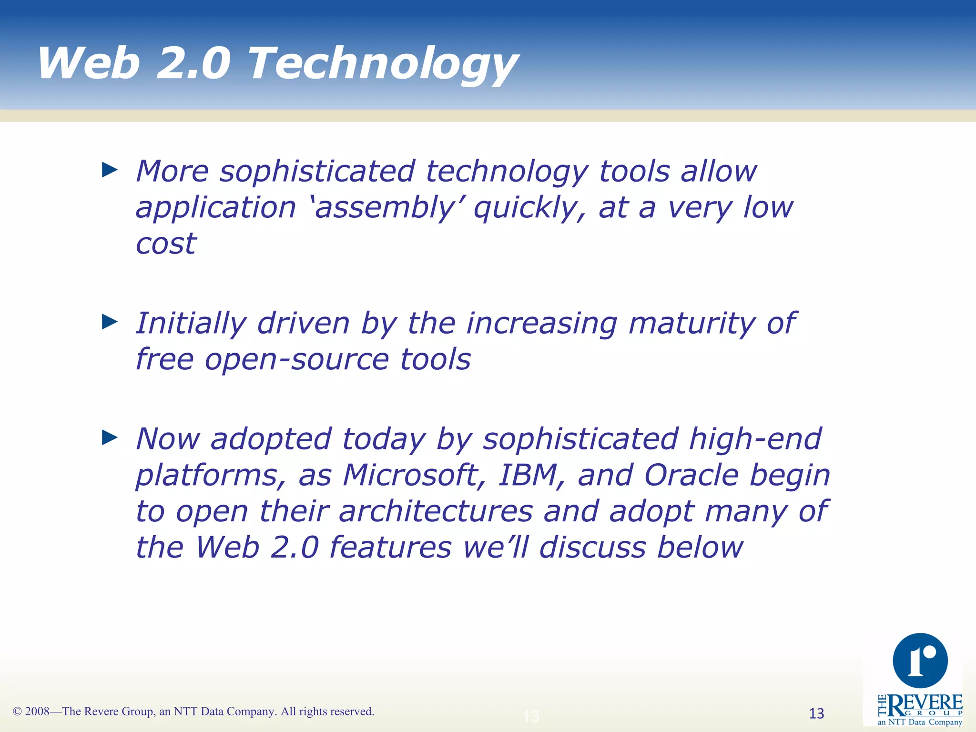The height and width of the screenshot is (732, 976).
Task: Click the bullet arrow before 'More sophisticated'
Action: (110, 170)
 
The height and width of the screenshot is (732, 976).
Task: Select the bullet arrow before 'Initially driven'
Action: (110, 322)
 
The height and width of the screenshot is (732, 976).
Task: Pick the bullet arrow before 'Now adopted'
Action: (110, 437)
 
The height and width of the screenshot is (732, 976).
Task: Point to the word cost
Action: (166, 244)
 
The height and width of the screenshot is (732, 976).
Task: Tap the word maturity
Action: (691, 324)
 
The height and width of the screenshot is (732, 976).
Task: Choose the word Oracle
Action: (691, 475)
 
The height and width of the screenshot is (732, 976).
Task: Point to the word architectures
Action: (436, 511)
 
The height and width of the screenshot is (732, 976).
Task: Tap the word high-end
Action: (755, 438)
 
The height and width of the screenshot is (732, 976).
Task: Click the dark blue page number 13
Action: (816, 713)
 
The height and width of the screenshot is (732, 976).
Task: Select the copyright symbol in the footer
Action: (18, 712)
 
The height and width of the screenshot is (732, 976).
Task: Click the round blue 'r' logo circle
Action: (920, 661)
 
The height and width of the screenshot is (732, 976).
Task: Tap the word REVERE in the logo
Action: (925, 703)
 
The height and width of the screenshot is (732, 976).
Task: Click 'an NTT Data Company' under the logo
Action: (920, 722)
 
